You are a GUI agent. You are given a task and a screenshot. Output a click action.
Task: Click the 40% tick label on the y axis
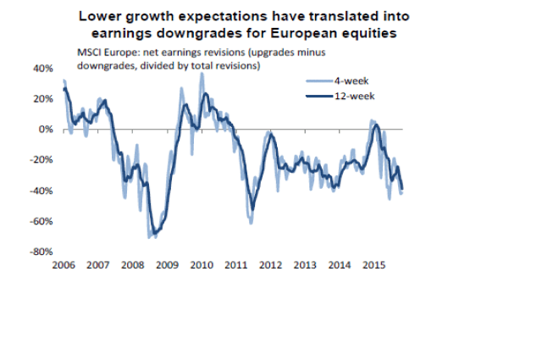pyautogui.click(x=43, y=68)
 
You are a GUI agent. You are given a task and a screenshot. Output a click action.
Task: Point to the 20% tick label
pyautogui.click(x=43, y=98)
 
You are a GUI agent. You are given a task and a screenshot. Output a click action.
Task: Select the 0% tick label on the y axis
pyautogui.click(x=46, y=130)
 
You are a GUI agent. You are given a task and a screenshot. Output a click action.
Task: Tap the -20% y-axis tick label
pyautogui.click(x=41, y=160)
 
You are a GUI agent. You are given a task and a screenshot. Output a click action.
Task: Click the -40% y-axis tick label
pyautogui.click(x=41, y=191)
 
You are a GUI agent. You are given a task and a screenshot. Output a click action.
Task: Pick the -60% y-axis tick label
pyautogui.click(x=41, y=221)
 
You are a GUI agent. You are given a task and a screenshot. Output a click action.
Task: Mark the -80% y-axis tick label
pyautogui.click(x=41, y=252)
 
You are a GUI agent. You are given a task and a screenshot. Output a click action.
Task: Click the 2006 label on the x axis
pyautogui.click(x=64, y=265)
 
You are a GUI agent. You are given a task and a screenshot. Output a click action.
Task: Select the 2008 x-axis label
pyautogui.click(x=133, y=265)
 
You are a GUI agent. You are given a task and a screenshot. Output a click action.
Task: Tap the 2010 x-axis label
pyautogui.click(x=202, y=265)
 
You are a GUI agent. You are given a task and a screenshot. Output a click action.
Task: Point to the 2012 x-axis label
pyautogui.click(x=271, y=265)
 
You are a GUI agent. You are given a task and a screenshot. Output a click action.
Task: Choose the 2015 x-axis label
pyautogui.click(x=374, y=265)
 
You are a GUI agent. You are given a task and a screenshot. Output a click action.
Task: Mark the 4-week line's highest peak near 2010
pyautogui.click(x=201, y=74)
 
